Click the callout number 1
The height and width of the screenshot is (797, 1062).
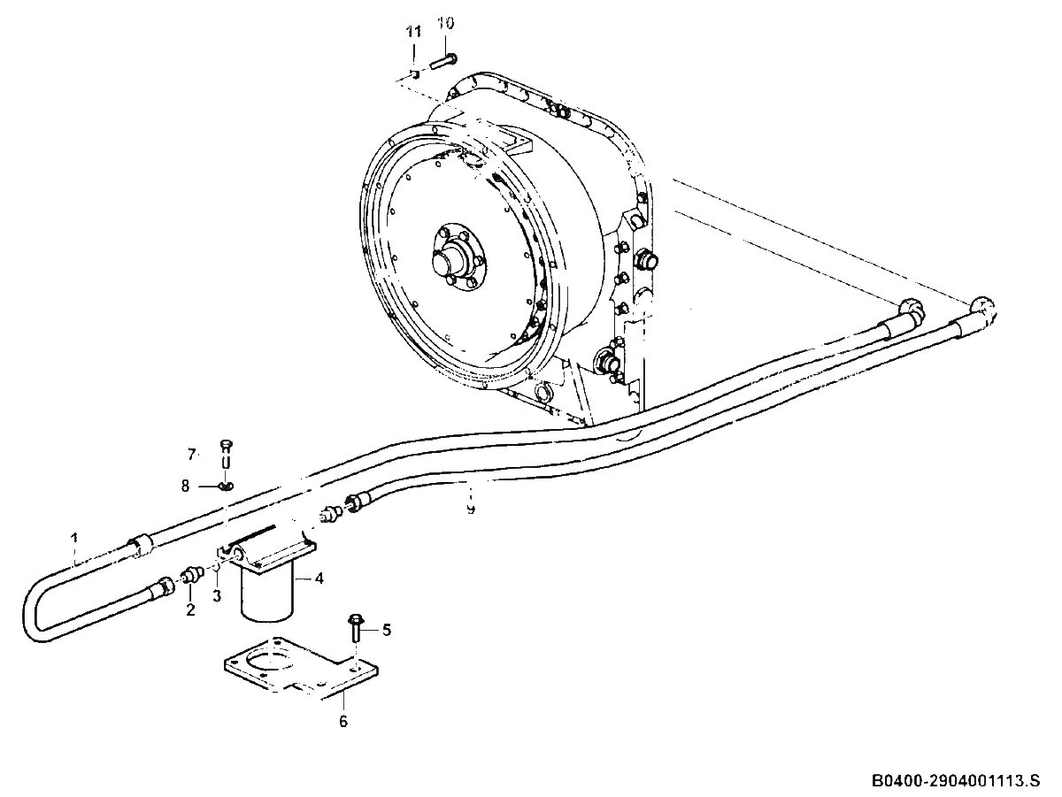(x=74, y=538)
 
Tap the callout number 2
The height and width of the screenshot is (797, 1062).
(x=190, y=609)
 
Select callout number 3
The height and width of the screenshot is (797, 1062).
(x=217, y=595)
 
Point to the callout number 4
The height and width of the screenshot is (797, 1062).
(x=319, y=578)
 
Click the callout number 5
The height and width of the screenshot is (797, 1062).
(x=386, y=630)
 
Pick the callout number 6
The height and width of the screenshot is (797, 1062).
(x=343, y=721)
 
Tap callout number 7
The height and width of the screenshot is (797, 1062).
(x=191, y=454)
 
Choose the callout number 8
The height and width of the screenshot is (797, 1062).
(x=185, y=486)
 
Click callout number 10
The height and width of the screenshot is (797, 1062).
(x=446, y=23)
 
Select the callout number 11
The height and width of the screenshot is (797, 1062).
(x=413, y=33)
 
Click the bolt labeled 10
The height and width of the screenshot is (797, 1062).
(x=443, y=63)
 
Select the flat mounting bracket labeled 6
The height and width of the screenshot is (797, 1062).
(x=301, y=668)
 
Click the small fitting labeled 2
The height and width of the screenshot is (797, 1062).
(x=193, y=576)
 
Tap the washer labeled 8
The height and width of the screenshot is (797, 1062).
(x=226, y=486)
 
